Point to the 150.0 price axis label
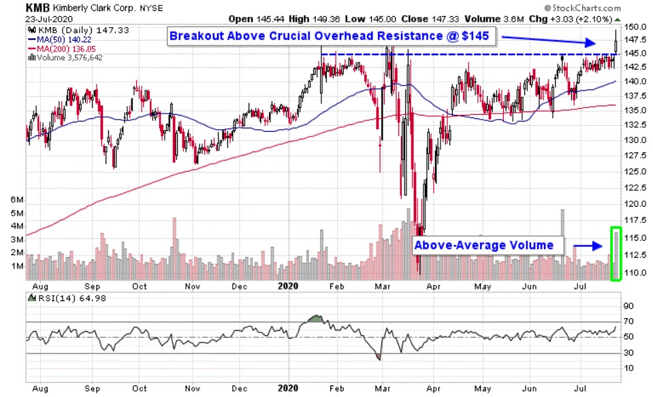tap(635, 27)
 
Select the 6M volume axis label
tap(15, 201)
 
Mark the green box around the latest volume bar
tap(616, 253)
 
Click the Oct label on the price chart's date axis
tap(140, 286)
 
